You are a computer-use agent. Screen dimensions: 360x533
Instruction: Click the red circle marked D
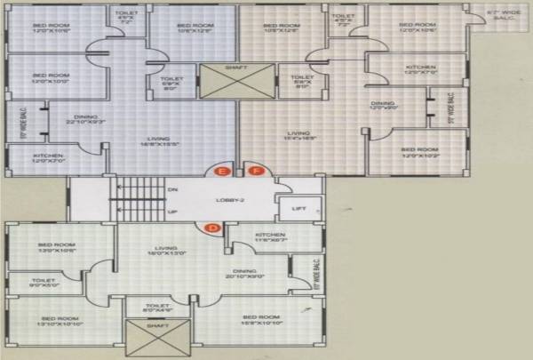pos(212,229)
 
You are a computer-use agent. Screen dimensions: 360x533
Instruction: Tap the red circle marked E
pos(223,172)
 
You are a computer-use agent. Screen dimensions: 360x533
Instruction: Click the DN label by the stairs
pos(172,188)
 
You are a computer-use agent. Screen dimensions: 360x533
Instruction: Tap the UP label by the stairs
pos(172,212)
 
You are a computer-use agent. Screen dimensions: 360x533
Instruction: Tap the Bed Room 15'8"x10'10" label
pos(261,320)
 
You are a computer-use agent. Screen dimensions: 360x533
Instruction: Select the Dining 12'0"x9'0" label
pos(384,106)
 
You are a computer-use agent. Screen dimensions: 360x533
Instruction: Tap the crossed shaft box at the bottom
pos(148,337)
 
